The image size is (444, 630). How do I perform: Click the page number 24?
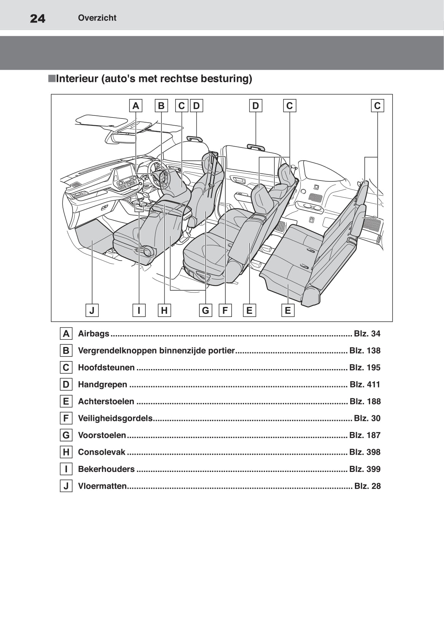[x=37, y=18]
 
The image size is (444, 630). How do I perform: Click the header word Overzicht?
[x=97, y=18]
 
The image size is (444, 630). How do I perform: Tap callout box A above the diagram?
[x=136, y=106]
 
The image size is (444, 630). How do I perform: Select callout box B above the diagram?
[x=161, y=106]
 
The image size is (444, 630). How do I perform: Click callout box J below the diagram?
[x=92, y=310]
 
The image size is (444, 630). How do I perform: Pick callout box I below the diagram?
[x=139, y=310]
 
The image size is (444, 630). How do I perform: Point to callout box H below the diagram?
[x=164, y=310]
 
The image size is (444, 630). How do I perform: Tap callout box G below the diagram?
[x=206, y=310]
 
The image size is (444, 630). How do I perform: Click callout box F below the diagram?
[x=225, y=310]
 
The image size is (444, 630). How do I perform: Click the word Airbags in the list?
[x=94, y=334]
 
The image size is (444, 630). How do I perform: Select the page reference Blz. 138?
[x=365, y=350]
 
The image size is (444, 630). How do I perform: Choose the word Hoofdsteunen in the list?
[x=106, y=368]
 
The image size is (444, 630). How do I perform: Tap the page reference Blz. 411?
[x=365, y=384]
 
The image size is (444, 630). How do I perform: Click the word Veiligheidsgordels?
[x=115, y=418]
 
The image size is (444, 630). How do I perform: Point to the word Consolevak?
[x=102, y=452]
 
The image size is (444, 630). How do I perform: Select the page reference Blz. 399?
[x=365, y=469]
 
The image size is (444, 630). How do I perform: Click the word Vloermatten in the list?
[x=102, y=486]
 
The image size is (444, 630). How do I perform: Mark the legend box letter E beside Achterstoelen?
[x=66, y=401]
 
